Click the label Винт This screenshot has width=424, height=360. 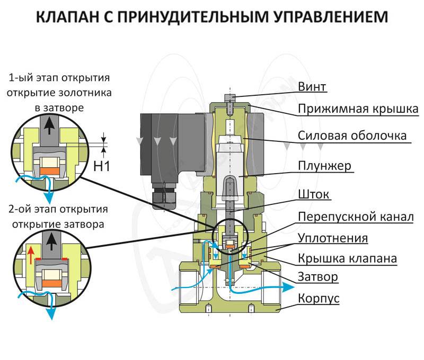tap(312, 86)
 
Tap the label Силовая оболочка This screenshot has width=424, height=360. tap(352, 135)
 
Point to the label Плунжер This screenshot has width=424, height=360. tap(324, 166)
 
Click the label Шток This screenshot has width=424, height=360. tap(314, 194)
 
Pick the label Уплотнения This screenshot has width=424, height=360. tap(332, 238)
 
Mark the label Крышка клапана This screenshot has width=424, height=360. tap(347, 259)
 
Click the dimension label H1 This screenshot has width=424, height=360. tap(101, 166)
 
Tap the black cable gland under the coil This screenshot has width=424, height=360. tap(161, 197)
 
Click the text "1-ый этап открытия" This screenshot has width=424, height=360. tap(59, 78)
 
